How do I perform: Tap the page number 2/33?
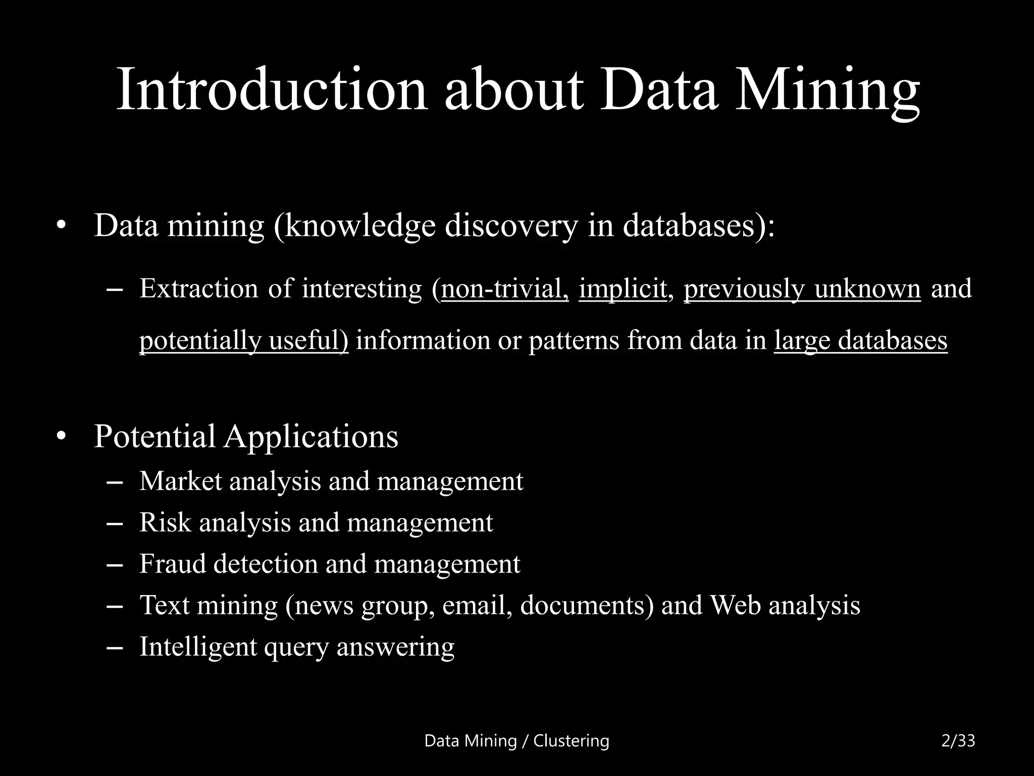tap(958, 741)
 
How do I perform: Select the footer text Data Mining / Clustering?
tap(516, 741)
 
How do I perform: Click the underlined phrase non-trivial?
tap(505, 289)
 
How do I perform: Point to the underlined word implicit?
tap(622, 289)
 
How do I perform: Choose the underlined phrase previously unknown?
tap(802, 289)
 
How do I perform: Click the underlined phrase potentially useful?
tap(243, 341)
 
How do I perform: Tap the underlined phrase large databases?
tap(860, 341)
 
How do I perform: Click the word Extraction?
tap(198, 289)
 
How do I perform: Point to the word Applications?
tap(311, 437)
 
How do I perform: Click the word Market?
tap(180, 481)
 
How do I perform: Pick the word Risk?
tap(165, 522)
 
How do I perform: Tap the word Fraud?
tap(172, 564)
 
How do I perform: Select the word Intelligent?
tap(198, 647)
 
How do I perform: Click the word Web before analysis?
tap(735, 605)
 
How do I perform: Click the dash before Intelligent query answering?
tap(116, 647)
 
